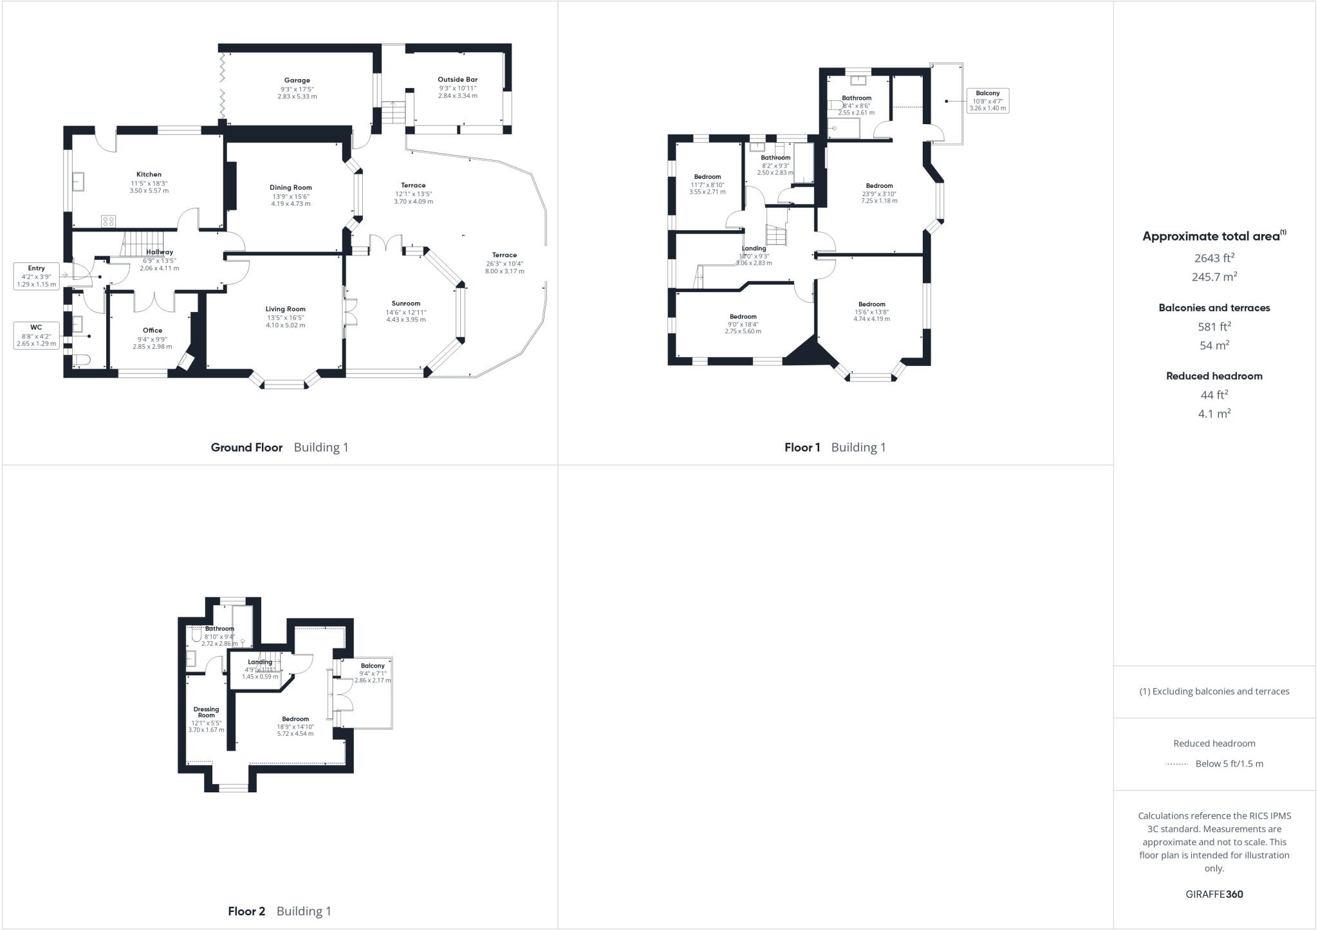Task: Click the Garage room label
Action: (x=297, y=80)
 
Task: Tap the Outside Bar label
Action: (x=458, y=80)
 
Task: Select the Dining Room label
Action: (x=290, y=188)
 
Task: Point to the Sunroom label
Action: (x=405, y=304)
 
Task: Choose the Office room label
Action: (x=153, y=331)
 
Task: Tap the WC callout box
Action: (x=36, y=335)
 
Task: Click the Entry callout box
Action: (x=36, y=276)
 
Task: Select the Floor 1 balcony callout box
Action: (x=987, y=101)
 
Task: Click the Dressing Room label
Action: (x=206, y=712)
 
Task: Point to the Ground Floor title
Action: (x=246, y=448)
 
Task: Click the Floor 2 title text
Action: (x=246, y=911)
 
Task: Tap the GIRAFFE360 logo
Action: (x=1214, y=894)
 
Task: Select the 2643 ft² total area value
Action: (x=1214, y=258)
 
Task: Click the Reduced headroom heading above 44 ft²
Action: (x=1214, y=376)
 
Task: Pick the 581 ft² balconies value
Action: (x=1214, y=327)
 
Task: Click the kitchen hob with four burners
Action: (x=108, y=221)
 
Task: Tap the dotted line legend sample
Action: (x=1176, y=764)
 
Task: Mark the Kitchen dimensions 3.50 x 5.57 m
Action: (x=149, y=191)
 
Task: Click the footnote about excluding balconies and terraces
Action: (x=1214, y=691)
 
